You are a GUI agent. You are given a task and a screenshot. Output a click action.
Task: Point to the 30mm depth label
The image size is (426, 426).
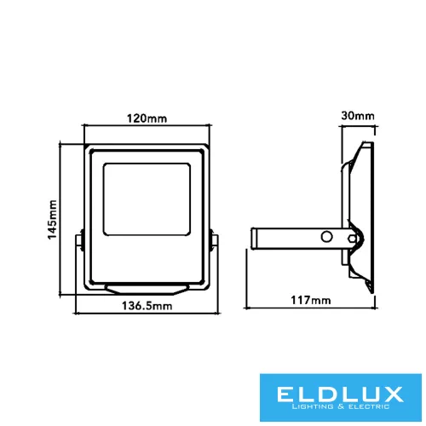(x=356, y=116)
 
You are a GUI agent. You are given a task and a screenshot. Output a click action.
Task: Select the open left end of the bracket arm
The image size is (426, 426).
(x=254, y=239)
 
